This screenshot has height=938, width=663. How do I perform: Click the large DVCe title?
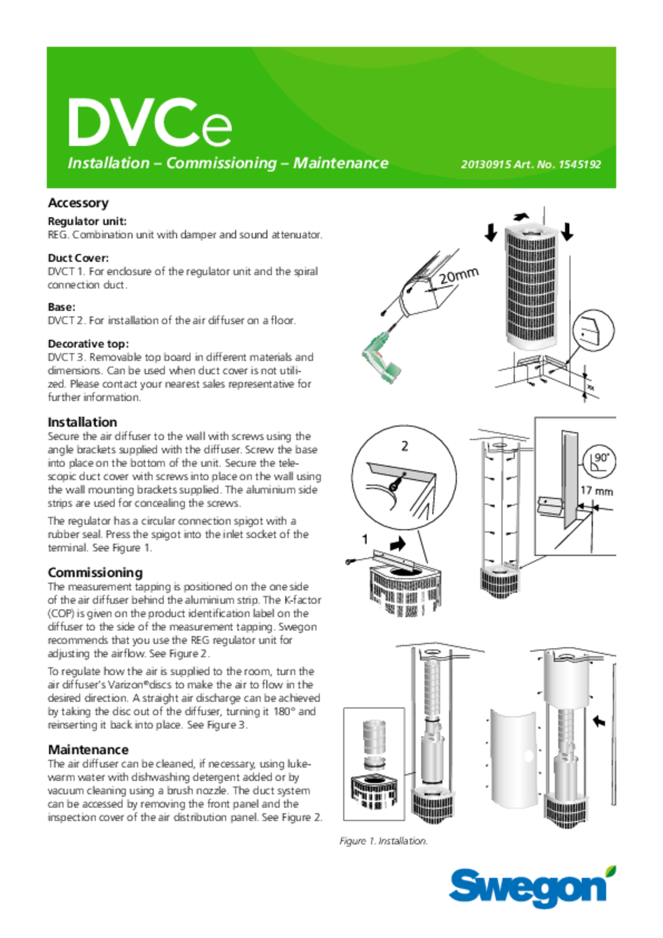coord(150,123)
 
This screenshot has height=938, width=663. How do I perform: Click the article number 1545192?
coord(580,164)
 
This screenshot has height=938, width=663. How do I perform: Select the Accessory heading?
coord(78,203)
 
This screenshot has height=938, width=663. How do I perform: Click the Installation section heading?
coord(82,422)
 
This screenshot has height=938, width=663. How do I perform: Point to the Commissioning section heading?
coord(95,573)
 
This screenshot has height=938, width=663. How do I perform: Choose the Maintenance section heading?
coord(88,749)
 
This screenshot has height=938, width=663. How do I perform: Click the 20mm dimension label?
coord(459,275)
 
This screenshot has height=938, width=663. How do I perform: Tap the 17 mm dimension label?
coord(596,491)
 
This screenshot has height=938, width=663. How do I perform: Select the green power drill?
coord(380,358)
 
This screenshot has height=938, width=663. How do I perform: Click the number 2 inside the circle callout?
coord(404,446)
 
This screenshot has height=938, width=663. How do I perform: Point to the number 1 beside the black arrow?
coord(365,539)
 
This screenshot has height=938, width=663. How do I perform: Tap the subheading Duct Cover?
coord(78,258)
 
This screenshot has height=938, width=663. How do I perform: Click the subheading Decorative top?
coord(88,344)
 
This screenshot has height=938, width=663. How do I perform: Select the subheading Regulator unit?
coord(87,221)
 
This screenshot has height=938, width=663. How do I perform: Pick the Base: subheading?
coord(62,307)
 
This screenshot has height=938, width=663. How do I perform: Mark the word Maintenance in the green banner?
coord(341,163)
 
